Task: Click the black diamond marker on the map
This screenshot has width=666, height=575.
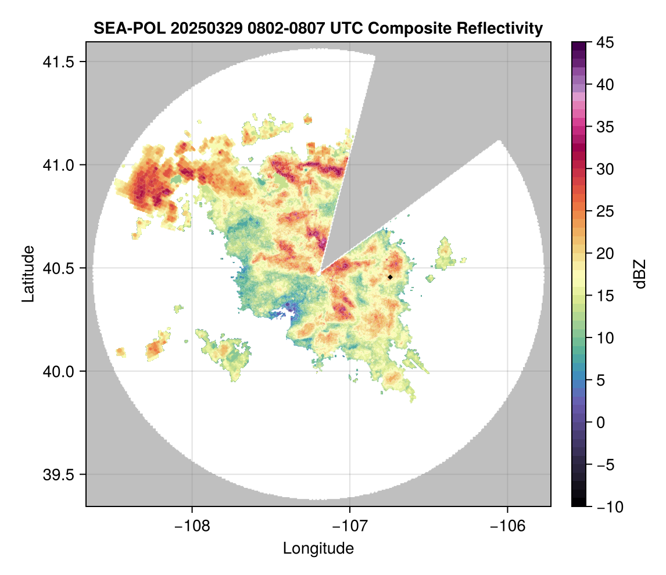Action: (x=390, y=277)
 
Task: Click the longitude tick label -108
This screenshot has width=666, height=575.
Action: (x=192, y=526)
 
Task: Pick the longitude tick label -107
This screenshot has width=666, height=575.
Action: (x=350, y=526)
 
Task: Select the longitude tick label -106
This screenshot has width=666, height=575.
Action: (x=508, y=526)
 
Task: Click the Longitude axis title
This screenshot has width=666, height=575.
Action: (x=318, y=548)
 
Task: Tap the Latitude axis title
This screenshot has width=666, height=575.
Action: (x=28, y=274)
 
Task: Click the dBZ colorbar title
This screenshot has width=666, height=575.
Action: (x=640, y=274)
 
